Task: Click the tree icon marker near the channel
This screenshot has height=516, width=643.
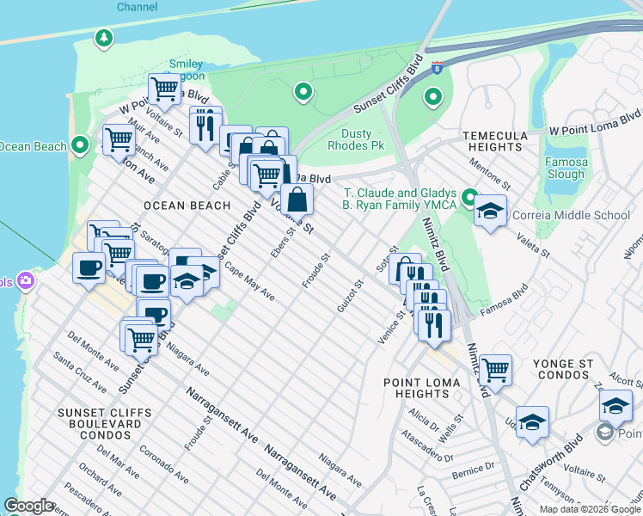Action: tap(103, 39)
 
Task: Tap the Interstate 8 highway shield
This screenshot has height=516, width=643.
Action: tap(437, 68)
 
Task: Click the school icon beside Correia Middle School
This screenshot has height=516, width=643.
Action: tap(490, 212)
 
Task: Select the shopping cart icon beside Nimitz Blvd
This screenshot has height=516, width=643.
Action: tap(495, 371)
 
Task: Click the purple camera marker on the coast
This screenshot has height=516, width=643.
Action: tap(26, 280)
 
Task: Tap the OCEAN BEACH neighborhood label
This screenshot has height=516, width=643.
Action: tap(187, 206)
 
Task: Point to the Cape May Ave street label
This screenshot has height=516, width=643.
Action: tap(249, 280)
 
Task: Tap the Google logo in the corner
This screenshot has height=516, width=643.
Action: tap(28, 506)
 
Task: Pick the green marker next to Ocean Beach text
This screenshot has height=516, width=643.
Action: tap(81, 144)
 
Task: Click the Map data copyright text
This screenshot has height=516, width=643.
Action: tap(591, 509)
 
